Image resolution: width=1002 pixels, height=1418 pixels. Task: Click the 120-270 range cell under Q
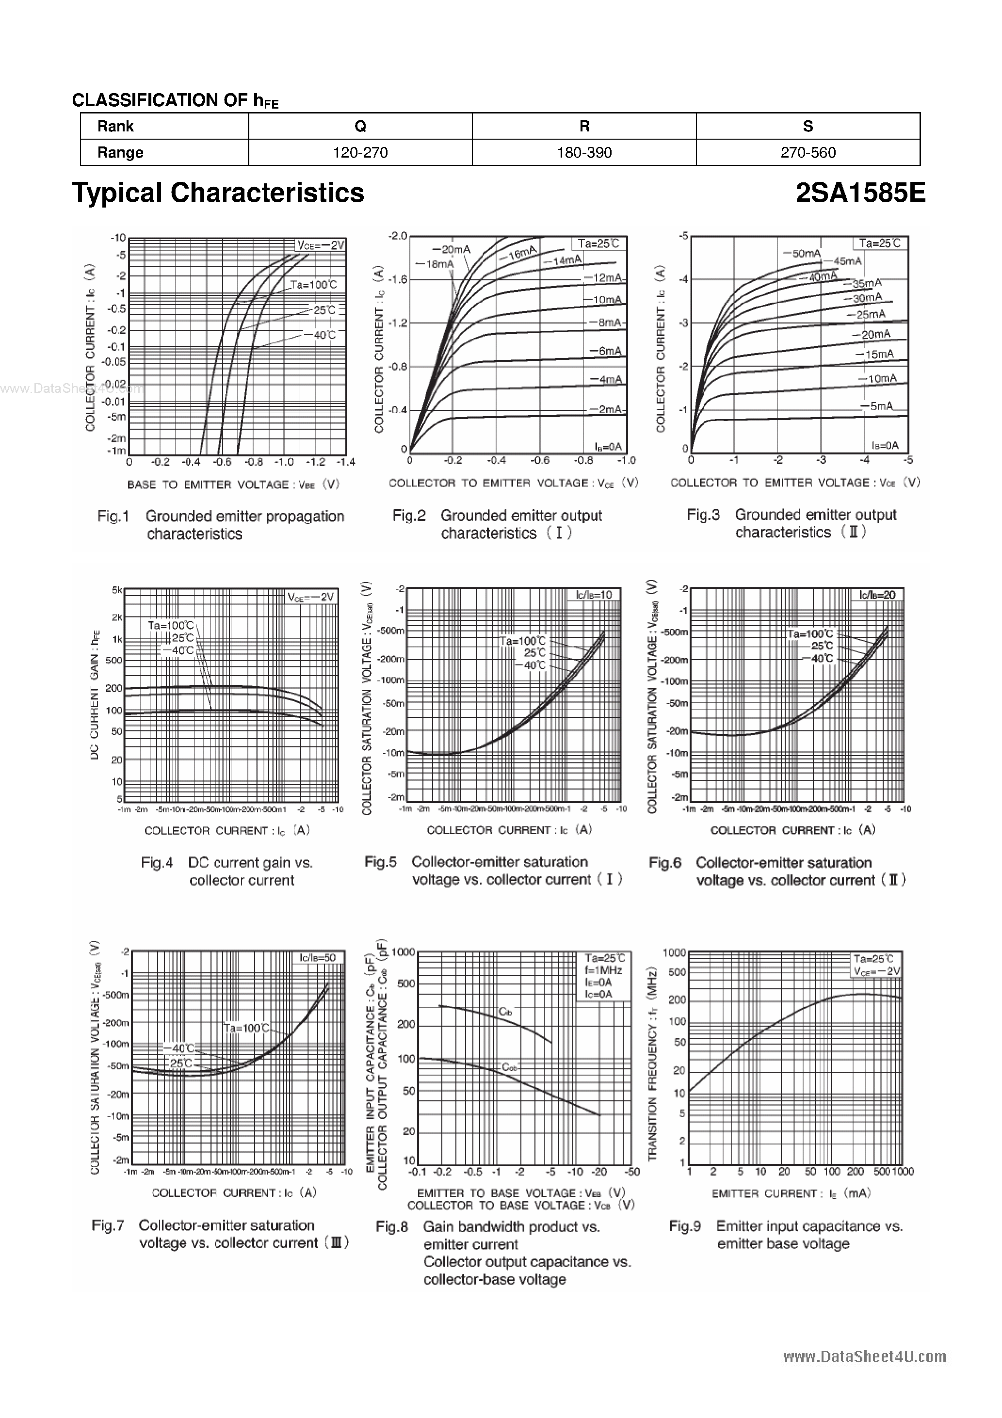(360, 153)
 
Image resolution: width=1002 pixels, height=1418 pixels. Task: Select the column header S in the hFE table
(808, 127)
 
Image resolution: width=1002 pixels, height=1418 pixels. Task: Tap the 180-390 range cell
(584, 153)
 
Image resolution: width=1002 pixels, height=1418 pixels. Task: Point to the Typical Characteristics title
(218, 193)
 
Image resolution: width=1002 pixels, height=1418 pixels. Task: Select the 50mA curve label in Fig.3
(806, 253)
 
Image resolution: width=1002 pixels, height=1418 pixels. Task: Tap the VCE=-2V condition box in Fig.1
(320, 245)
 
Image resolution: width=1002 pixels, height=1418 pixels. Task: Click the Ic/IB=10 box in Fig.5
(594, 595)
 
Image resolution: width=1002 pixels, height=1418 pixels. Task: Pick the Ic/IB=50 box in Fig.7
(318, 958)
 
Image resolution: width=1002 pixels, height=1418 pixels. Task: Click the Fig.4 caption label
(157, 863)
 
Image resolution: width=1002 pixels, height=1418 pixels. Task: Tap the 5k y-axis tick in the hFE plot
(117, 590)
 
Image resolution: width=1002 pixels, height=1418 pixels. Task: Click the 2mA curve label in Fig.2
(609, 409)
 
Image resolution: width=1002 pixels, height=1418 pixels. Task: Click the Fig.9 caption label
(684, 1226)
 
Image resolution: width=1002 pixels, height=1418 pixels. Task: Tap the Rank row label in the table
(115, 127)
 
